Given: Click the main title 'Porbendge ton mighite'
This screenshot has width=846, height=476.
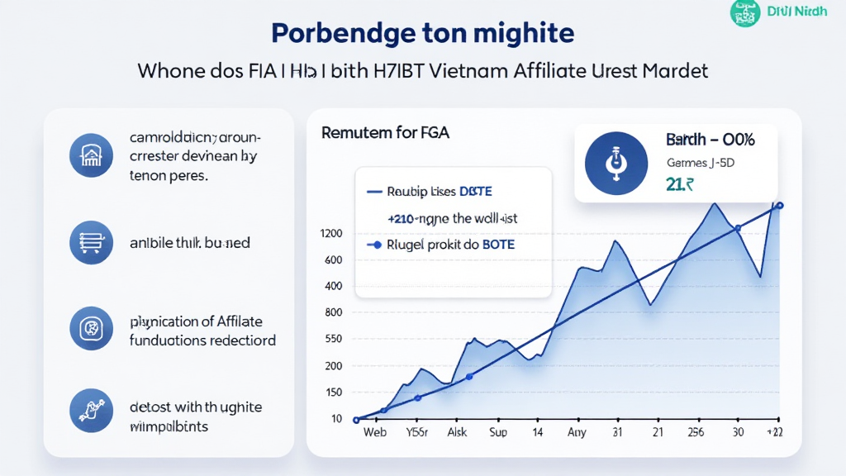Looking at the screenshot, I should pyautogui.click(x=422, y=34).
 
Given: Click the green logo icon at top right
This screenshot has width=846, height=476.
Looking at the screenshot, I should pyautogui.click(x=745, y=12).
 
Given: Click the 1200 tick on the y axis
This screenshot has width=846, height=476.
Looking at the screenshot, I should pyautogui.click(x=330, y=234).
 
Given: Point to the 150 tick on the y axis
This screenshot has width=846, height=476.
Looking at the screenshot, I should pyautogui.click(x=333, y=393).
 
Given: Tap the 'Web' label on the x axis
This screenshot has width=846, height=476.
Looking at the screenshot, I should pyautogui.click(x=374, y=432).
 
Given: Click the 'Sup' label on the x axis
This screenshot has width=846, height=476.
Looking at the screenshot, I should pyautogui.click(x=498, y=432).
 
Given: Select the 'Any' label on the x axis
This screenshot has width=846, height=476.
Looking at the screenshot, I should pyautogui.click(x=577, y=432).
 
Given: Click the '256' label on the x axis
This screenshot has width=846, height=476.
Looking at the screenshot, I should pyautogui.click(x=695, y=432).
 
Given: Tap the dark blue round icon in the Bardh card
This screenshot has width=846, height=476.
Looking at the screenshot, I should pyautogui.click(x=613, y=162).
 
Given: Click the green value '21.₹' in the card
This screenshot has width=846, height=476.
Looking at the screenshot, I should pyautogui.click(x=679, y=184).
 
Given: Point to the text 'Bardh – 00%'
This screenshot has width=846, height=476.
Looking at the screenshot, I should pyautogui.click(x=710, y=140).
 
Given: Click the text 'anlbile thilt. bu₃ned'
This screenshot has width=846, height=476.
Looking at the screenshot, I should pyautogui.click(x=190, y=243).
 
